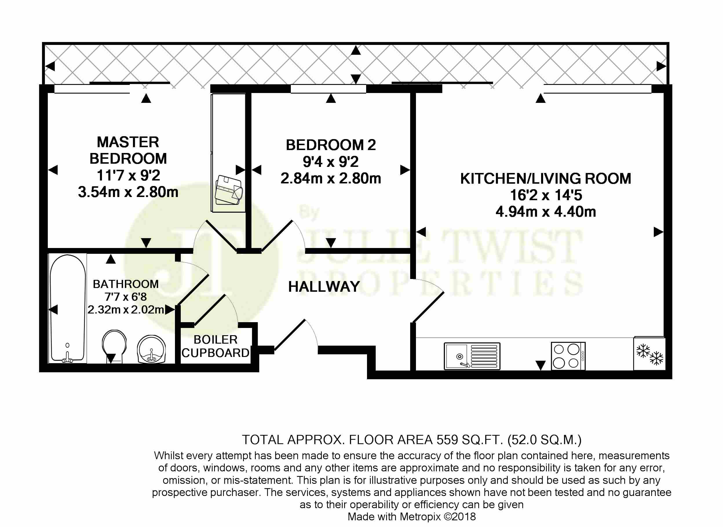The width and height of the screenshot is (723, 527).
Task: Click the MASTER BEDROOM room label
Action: coord(128,150)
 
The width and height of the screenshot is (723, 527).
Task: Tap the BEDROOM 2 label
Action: coord(331,145)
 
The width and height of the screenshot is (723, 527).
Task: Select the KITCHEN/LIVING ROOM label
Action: coord(546,179)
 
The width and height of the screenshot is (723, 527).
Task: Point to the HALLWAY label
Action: coord(324,287)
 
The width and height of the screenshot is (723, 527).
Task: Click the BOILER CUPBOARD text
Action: coord(216,346)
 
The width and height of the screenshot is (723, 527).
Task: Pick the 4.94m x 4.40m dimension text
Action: coord(546,212)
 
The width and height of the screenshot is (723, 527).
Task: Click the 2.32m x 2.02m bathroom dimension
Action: coord(126,309)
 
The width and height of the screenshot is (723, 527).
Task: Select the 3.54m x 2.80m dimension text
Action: coord(128,192)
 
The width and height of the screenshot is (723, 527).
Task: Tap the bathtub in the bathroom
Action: coord(67,309)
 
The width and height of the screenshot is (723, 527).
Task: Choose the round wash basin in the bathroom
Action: coord(151,350)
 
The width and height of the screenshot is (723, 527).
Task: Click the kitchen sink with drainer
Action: coord(472,356)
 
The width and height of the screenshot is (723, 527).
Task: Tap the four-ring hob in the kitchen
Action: coord(568,356)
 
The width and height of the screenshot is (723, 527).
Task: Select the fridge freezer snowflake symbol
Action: coord(649,354)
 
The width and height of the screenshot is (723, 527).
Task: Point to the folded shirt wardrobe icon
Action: coord(229,190)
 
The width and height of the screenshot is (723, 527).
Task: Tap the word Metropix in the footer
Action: coord(421,517)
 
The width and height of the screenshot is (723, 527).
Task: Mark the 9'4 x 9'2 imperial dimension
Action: coord(331,162)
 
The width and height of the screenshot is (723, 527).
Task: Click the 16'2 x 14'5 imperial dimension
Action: coord(546,195)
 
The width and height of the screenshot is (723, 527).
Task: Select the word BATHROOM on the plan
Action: coord(126,284)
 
